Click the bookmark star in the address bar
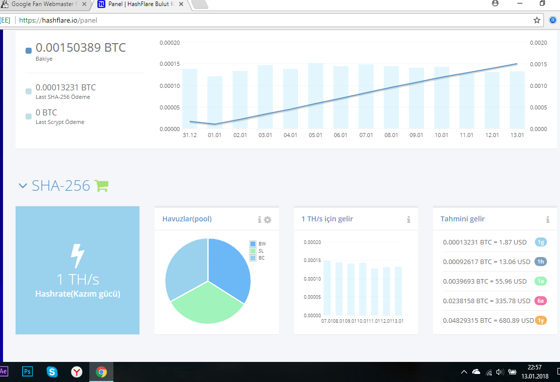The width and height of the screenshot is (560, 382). (536, 20)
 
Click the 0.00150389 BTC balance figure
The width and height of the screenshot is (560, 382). (81, 48)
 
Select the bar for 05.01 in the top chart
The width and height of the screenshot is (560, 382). (315, 96)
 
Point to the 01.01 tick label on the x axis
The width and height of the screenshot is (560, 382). (215, 135)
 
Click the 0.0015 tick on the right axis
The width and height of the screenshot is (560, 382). (538, 64)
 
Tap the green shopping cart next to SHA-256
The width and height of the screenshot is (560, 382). (101, 185)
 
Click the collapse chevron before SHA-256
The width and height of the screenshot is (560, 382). (23, 186)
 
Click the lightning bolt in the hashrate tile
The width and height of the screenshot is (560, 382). (77, 256)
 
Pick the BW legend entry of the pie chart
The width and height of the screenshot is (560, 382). (258, 244)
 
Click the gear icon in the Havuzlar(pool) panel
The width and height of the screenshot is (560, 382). (267, 219)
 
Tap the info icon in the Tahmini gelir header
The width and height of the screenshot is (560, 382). (547, 219)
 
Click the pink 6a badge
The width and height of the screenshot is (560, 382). (541, 301)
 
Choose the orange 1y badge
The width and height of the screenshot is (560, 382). (541, 320)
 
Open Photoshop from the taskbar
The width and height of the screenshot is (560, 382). (27, 371)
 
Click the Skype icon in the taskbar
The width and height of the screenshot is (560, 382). (52, 371)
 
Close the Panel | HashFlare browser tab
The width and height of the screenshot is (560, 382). (181, 5)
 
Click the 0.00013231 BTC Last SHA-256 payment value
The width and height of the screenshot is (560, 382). (66, 87)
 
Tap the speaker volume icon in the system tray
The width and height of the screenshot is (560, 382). (500, 372)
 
